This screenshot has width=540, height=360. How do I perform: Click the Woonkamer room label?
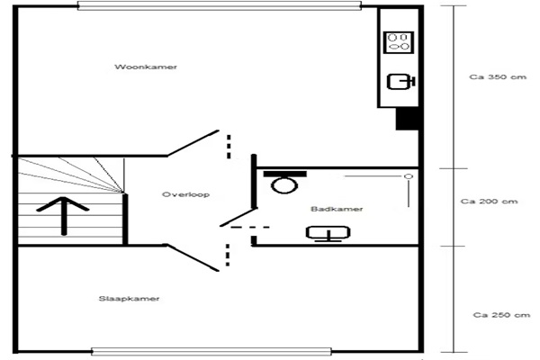(146, 67)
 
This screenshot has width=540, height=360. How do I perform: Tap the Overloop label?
(185, 194)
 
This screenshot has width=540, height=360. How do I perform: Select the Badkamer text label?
(337, 209)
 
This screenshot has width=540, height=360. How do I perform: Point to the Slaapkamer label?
(129, 299)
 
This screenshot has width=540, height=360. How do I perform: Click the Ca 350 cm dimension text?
(498, 76)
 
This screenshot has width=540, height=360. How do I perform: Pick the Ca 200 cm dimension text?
(489, 202)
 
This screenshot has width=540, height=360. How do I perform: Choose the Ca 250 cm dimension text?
(501, 315)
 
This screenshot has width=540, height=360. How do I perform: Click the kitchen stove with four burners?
(399, 42)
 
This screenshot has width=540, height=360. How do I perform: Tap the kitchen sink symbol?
(400, 82)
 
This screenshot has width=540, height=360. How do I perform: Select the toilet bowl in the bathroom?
(284, 185)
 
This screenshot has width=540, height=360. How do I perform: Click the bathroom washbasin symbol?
(328, 233)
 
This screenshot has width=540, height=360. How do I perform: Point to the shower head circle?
(409, 176)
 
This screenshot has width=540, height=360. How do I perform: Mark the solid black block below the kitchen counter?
(407, 119)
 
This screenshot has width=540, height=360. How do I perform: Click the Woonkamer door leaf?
(193, 143)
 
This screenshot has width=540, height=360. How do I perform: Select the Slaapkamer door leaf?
(193, 257)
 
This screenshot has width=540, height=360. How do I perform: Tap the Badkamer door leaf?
(238, 218)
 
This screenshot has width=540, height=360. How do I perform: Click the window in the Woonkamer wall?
(220, 6)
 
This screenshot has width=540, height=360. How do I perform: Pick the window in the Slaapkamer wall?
(211, 352)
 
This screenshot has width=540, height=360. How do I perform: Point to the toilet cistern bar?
(284, 174)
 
